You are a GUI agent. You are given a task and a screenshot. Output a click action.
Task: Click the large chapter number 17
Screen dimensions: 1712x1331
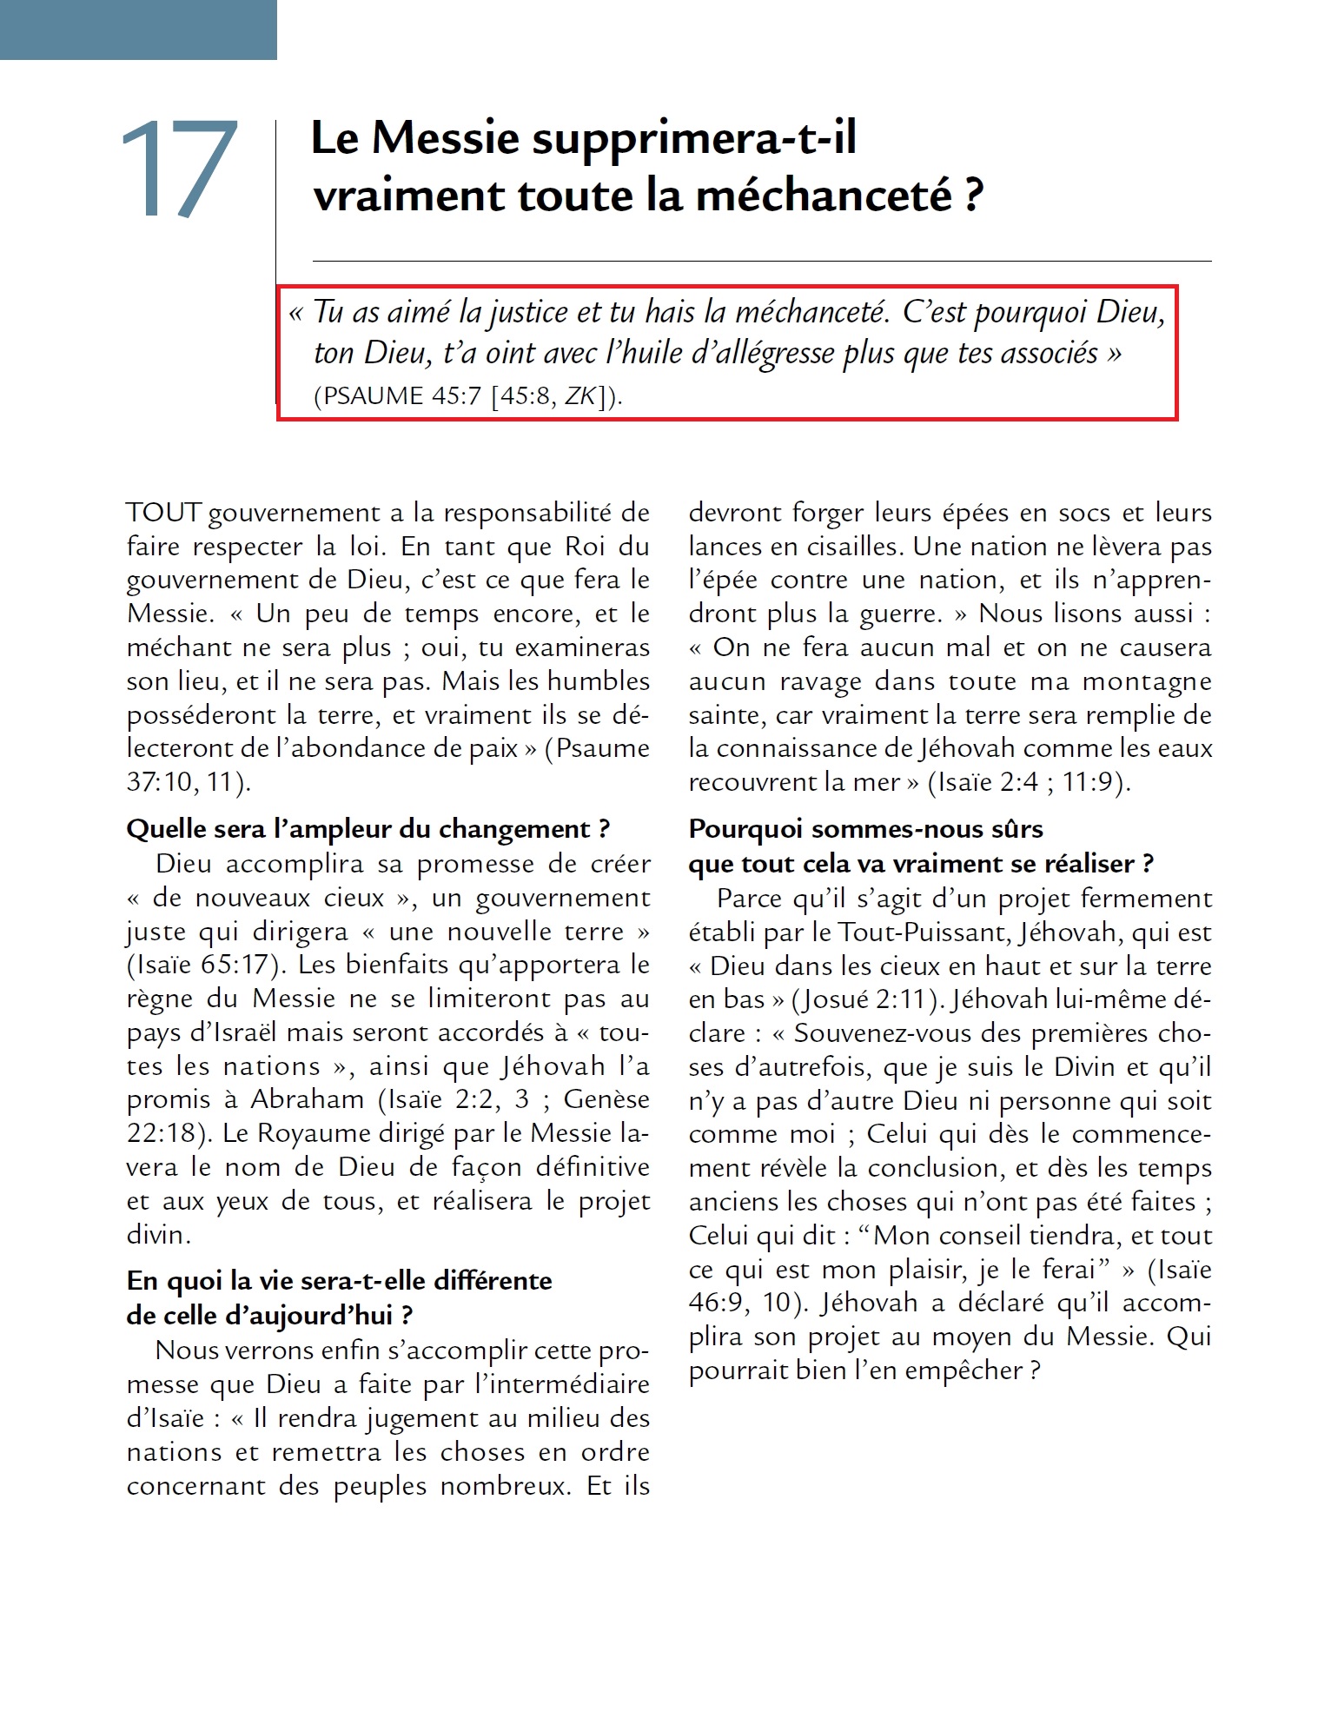pyautogui.click(x=179, y=169)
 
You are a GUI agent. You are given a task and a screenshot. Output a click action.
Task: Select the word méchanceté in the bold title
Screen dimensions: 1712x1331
pyautogui.click(x=824, y=195)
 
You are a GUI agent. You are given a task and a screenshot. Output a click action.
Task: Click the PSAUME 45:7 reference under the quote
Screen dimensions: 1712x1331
pyautogui.click(x=397, y=396)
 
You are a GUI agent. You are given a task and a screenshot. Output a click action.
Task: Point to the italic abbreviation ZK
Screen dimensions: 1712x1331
pyautogui.click(x=580, y=396)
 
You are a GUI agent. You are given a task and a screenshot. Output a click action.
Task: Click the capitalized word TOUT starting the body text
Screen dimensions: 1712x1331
pyautogui.click(x=164, y=513)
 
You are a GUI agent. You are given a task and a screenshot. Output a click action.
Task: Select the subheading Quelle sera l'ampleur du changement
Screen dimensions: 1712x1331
pyautogui.click(x=368, y=829)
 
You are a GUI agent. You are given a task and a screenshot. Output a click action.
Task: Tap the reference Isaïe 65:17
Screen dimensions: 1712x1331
pyautogui.click(x=206, y=965)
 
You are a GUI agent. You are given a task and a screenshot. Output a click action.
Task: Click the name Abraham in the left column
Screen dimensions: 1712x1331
pyautogui.click(x=308, y=1099)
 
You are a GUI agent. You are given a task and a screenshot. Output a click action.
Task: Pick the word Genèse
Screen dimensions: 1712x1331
pyautogui.click(x=606, y=1099)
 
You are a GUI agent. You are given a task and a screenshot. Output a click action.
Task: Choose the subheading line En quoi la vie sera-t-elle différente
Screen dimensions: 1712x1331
pyautogui.click(x=339, y=1281)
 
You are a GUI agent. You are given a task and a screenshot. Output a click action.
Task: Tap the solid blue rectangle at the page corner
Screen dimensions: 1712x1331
pyautogui.click(x=138, y=30)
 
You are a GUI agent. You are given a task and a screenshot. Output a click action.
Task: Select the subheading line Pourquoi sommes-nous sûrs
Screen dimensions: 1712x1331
pyautogui.click(x=865, y=829)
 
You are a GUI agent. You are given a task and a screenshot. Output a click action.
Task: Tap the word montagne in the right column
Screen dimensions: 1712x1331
pyautogui.click(x=1147, y=681)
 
